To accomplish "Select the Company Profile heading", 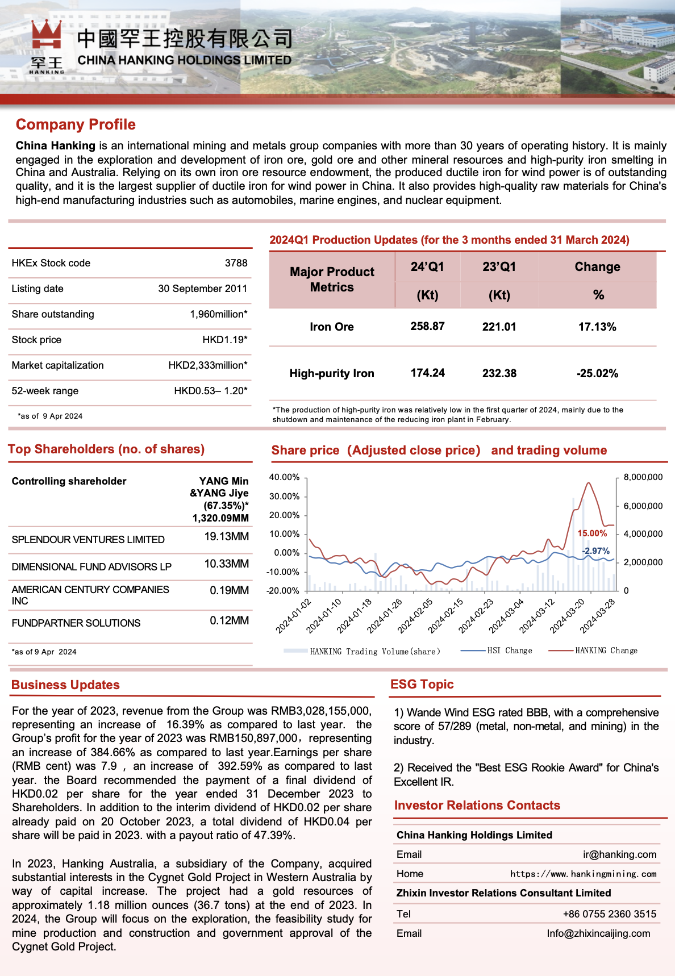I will pos(76,124).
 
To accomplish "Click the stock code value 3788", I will pos(236,263).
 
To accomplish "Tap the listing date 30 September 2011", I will pos(202,289).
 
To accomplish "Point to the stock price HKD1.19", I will pos(224,340).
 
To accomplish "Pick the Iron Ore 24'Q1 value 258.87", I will pos(427,327).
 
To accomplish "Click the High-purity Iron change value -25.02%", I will pos(597,373).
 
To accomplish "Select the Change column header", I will pos(597,267).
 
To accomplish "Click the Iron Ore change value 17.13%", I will pos(597,327).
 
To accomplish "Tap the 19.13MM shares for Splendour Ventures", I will pos(226,537).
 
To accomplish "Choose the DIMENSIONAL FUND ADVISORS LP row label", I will pos(91,567).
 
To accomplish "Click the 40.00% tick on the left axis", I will pos(284,477).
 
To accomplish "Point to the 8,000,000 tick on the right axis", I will pos(643,477).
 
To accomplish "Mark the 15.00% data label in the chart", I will pos(592,533).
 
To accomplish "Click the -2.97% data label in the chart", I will pos(595,551).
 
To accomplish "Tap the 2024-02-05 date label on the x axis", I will pos(415,616).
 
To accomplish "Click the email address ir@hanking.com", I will pos(619,854).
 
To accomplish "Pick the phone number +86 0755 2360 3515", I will pos(609,914).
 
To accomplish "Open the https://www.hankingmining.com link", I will pos(583,874).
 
